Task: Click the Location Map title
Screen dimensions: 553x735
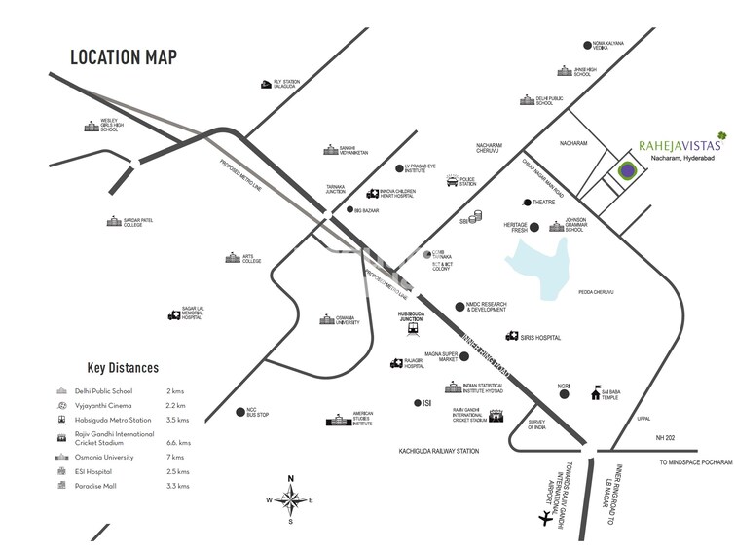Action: coord(124,55)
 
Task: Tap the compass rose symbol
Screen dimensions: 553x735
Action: coord(289,498)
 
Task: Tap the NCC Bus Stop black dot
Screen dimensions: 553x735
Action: coord(239,411)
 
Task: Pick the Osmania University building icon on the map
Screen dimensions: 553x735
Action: coord(329,319)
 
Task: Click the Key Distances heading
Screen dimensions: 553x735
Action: coord(123,368)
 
